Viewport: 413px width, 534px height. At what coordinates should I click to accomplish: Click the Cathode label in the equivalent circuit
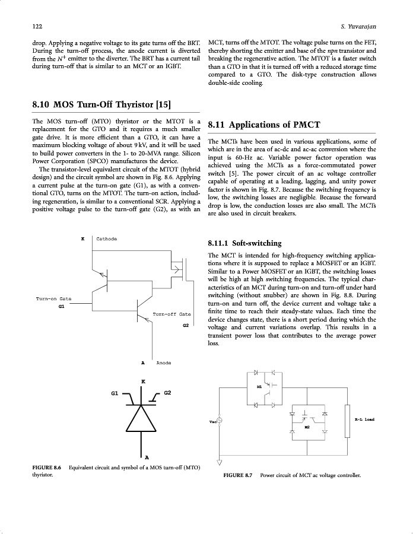(107, 239)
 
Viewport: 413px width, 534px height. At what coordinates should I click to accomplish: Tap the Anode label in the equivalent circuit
(163, 362)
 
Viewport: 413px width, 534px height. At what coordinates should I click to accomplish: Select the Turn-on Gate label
(53, 298)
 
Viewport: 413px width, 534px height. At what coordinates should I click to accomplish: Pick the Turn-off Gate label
(171, 313)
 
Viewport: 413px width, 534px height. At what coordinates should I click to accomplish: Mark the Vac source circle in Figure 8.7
(220, 421)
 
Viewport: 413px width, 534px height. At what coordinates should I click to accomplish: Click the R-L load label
(364, 419)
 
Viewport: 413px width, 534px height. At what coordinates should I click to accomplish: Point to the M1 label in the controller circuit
(259, 386)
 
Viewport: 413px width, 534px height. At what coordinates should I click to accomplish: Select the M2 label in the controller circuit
(307, 427)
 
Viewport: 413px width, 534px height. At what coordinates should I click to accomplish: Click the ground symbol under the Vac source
(220, 463)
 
